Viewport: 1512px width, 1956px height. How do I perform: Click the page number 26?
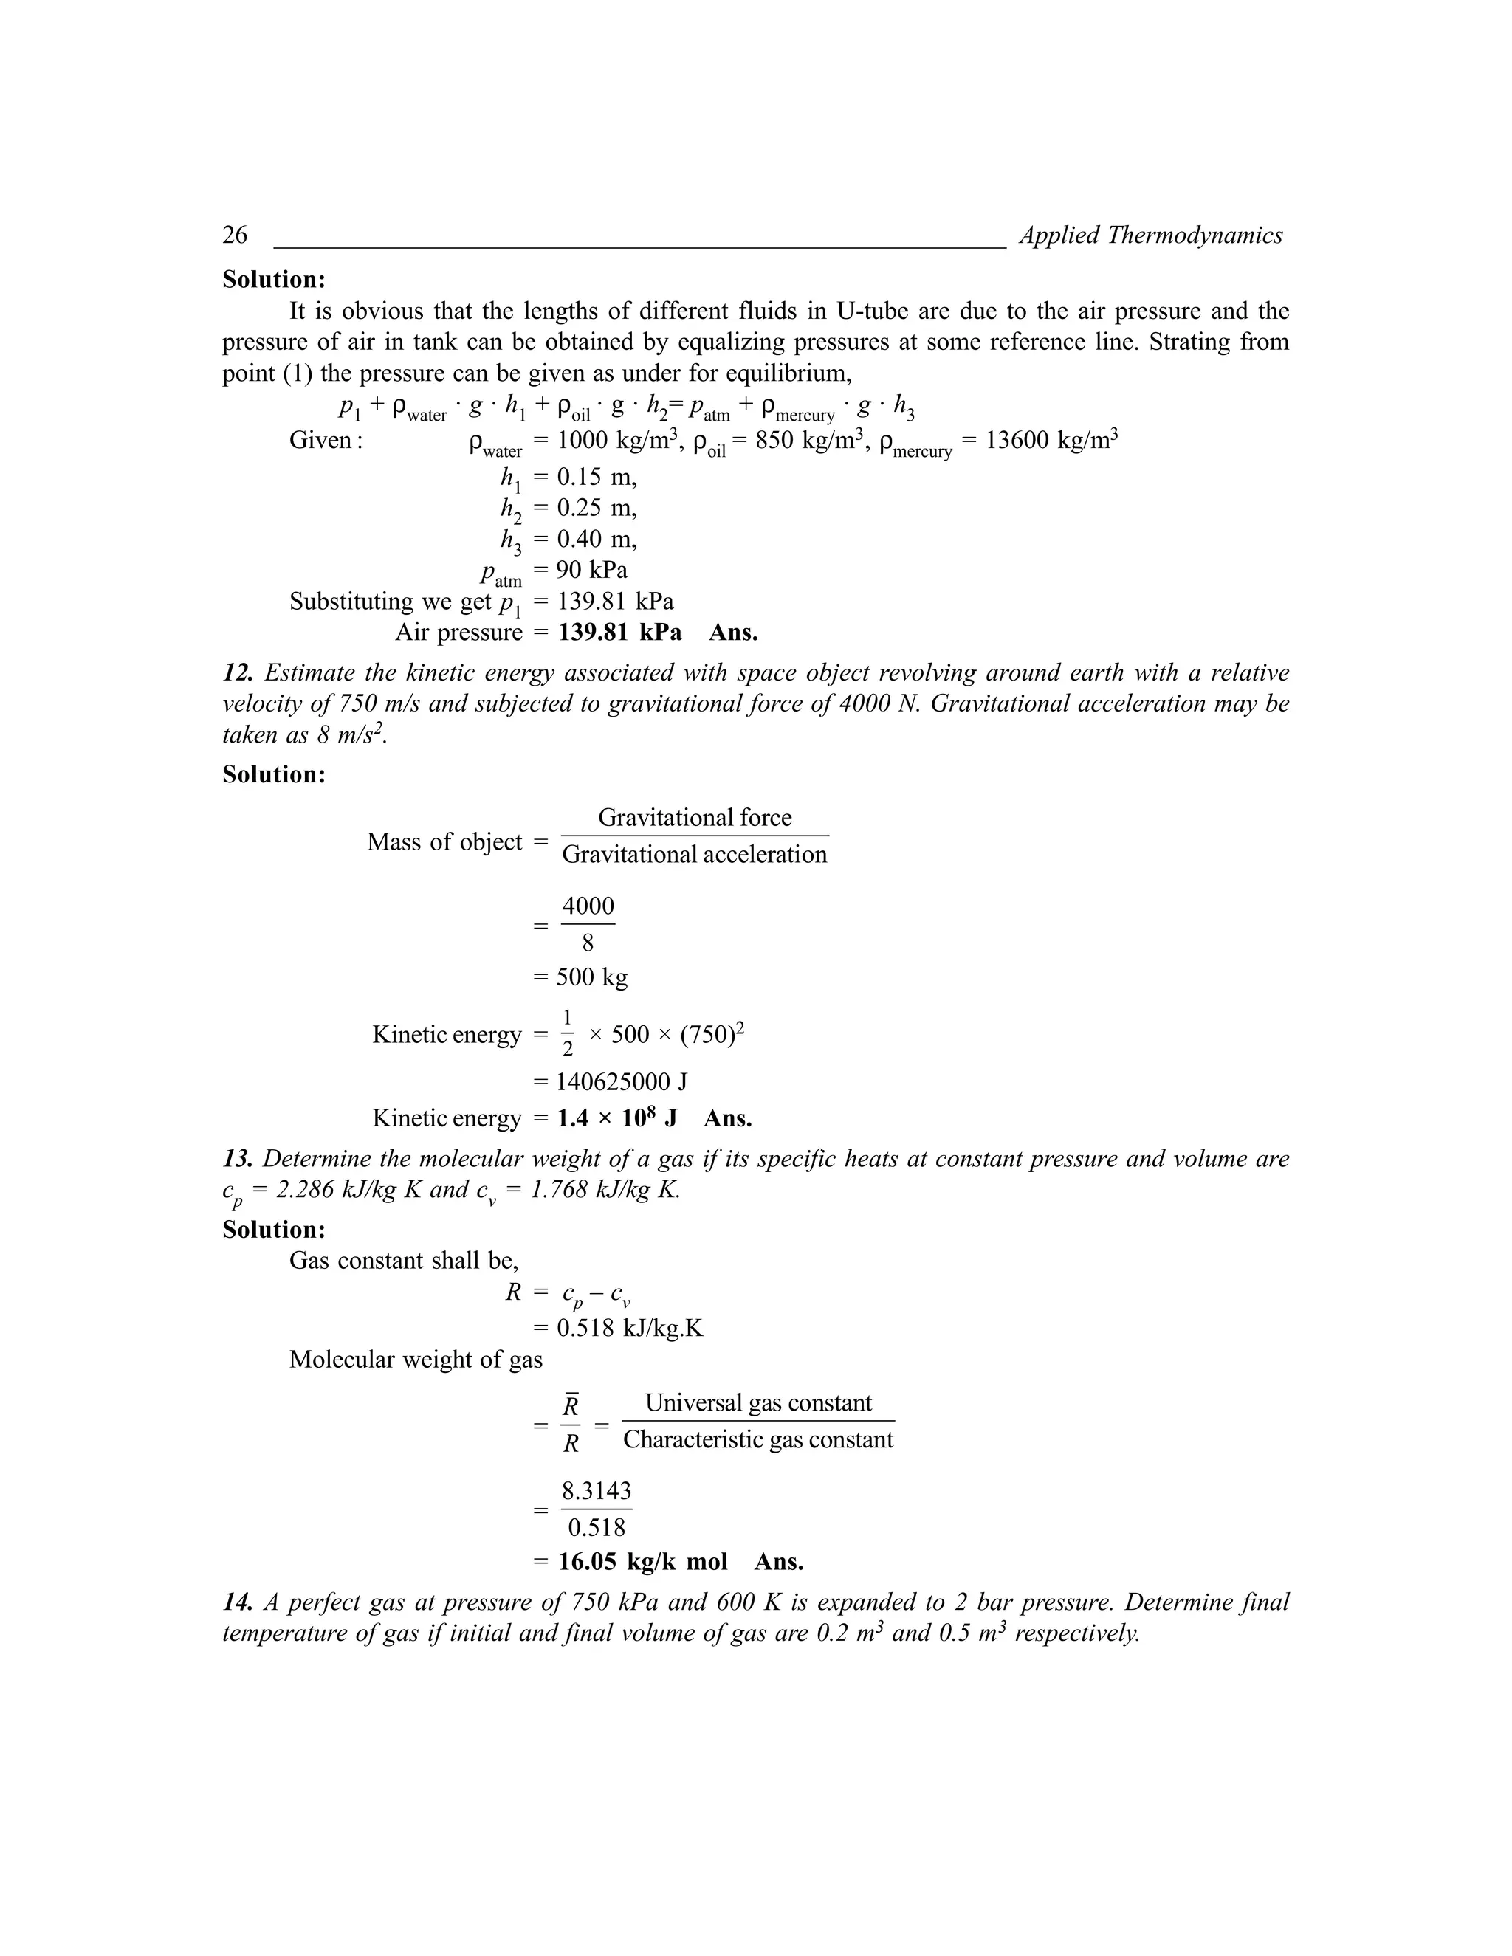point(235,235)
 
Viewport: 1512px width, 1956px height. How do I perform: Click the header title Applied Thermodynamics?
point(1150,235)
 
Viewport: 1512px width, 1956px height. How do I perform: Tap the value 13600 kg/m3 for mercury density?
point(1051,441)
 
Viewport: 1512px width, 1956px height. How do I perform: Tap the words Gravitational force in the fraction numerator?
point(694,817)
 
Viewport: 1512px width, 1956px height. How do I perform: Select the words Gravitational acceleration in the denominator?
point(694,855)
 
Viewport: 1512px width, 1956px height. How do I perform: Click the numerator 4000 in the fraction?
point(588,906)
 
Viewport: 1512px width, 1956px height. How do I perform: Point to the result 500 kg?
point(591,977)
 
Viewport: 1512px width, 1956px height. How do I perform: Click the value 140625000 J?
point(622,1082)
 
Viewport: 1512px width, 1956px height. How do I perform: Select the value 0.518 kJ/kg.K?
point(630,1327)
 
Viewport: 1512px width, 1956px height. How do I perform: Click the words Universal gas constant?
point(757,1402)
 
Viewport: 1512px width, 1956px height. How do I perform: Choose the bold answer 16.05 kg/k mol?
point(642,1562)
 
